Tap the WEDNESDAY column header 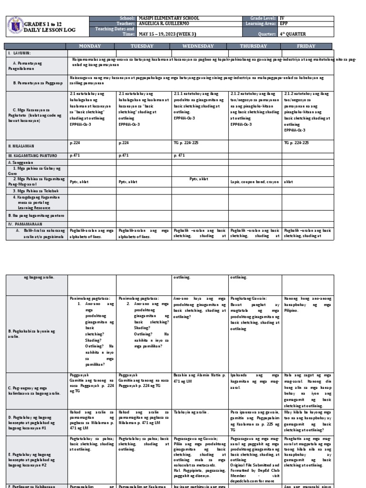199,46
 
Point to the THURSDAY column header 254,46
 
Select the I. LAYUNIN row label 18,53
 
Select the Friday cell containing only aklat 288,182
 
